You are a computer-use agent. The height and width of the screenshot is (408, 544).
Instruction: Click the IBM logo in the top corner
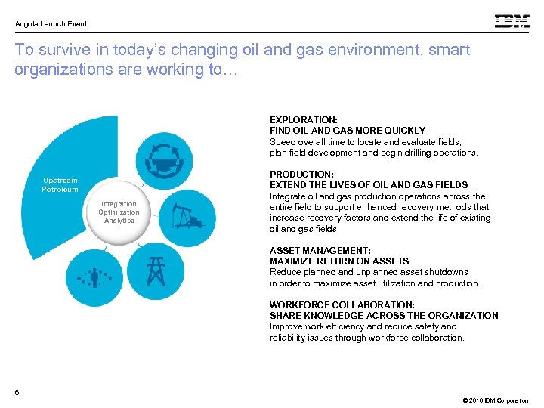click(512, 21)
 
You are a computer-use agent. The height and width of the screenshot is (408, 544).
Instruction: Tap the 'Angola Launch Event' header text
click(51, 24)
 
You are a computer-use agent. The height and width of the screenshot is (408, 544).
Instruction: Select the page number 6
click(17, 391)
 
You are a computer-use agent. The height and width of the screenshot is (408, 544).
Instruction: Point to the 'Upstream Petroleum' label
click(60, 185)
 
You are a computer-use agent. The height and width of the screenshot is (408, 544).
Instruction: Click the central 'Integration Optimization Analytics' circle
click(119, 212)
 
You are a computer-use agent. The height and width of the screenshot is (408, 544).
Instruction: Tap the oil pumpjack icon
click(184, 215)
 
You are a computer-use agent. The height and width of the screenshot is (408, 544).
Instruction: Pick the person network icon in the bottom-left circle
click(94, 277)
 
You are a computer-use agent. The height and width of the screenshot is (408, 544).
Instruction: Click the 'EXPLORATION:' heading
click(304, 119)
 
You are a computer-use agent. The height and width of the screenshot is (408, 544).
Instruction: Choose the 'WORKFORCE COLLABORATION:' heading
click(342, 304)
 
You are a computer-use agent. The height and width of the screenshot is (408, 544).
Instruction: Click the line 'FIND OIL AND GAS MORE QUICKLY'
click(348, 131)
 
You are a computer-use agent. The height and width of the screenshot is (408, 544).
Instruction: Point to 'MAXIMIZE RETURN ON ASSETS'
click(339, 261)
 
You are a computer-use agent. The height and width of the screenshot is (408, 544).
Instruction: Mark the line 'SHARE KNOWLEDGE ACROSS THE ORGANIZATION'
click(384, 316)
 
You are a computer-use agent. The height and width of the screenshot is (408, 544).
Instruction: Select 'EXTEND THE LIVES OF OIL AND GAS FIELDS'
click(369, 185)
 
